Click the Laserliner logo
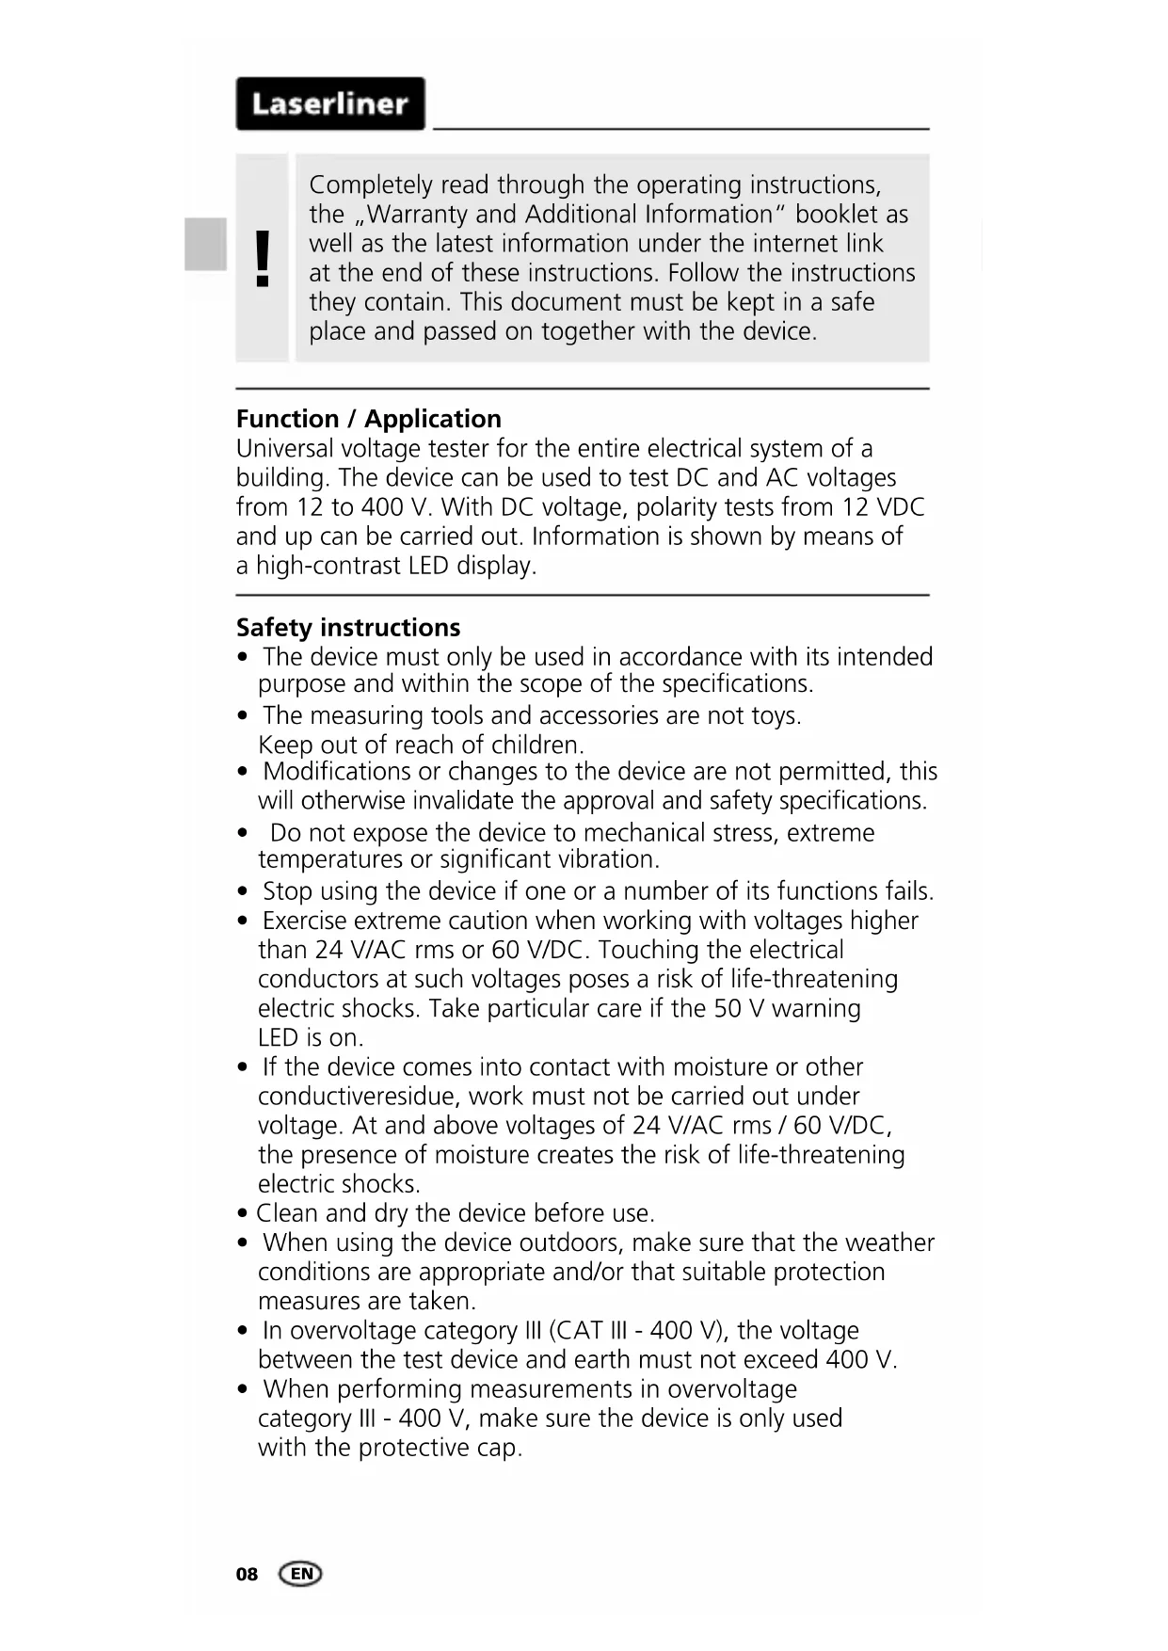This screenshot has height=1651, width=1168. pyautogui.click(x=329, y=104)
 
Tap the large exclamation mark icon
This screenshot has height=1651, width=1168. pyautogui.click(x=263, y=259)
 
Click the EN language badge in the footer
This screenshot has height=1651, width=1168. pyautogui.click(x=300, y=1574)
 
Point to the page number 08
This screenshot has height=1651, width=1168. pyautogui.click(x=247, y=1575)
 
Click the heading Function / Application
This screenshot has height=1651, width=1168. pyautogui.click(x=368, y=419)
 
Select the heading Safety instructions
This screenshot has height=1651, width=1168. pyautogui.click(x=348, y=628)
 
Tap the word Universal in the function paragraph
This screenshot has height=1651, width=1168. pyautogui.click(x=284, y=449)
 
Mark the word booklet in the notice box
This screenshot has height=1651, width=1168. pyautogui.click(x=835, y=215)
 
